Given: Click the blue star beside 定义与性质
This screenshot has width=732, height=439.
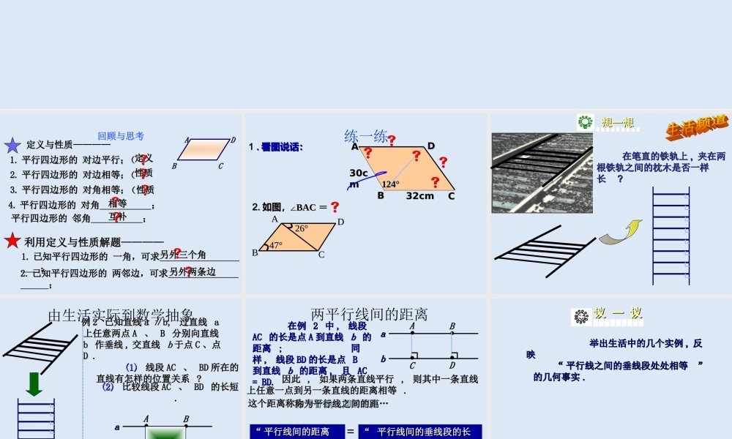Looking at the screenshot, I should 12,145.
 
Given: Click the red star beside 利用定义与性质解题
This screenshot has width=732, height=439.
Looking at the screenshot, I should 12,241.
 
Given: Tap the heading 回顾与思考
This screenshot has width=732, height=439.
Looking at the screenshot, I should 121,136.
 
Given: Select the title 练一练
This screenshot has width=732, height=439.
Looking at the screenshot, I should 366,137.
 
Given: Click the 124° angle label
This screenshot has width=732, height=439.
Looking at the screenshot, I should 390,184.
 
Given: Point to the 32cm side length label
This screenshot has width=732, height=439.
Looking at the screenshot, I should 420,196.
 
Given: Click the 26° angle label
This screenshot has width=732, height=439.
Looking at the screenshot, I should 302,228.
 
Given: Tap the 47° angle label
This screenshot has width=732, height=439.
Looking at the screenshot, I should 275,246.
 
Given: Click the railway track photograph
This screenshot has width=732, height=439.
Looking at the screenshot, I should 542,173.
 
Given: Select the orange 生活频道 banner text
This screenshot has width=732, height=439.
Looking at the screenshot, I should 696,127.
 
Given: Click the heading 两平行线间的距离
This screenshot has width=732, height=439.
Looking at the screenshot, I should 370,315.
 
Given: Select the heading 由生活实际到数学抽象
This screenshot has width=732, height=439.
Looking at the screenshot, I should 121,315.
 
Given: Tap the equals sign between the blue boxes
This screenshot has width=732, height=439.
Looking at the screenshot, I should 350,432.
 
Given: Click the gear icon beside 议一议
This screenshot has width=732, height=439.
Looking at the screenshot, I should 581,316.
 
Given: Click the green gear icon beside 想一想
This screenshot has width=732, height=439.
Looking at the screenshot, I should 585,121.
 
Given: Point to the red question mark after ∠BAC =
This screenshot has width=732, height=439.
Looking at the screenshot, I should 335,207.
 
